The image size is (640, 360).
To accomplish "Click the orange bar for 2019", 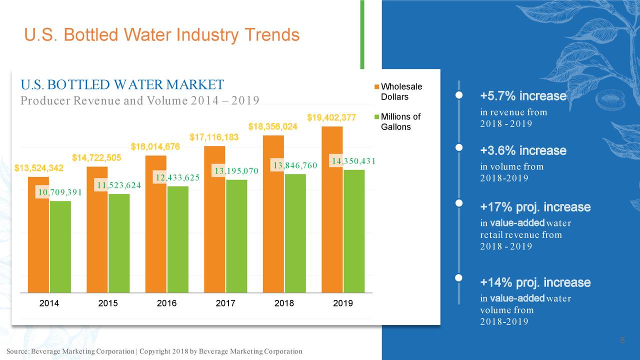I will [x=332, y=209].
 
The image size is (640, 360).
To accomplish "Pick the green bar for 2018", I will [x=295, y=233].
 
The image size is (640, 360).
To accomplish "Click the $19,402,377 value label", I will [x=331, y=117].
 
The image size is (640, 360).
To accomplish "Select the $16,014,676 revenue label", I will [x=155, y=146].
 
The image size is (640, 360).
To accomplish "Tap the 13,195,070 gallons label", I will [x=235, y=171].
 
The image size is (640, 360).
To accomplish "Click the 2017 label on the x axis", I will [x=225, y=303].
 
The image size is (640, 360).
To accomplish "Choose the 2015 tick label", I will [x=108, y=303].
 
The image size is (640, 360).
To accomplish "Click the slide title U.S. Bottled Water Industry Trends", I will [x=161, y=35].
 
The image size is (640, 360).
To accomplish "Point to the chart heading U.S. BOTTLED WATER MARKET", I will [x=122, y=84].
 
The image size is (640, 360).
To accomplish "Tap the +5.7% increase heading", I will [x=523, y=96].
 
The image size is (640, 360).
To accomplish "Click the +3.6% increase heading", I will [x=523, y=150].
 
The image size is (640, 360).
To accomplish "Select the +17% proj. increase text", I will [x=535, y=207].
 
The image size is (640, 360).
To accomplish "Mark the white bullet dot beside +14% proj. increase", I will [x=458, y=278].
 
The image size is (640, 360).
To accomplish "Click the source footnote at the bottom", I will [x=154, y=351].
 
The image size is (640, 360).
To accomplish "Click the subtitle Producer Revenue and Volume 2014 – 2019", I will [x=139, y=100].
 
